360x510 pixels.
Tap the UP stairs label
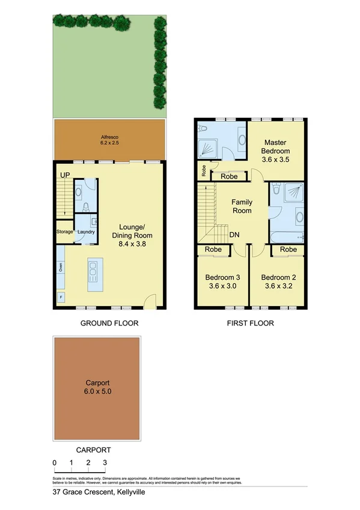coord(64,174)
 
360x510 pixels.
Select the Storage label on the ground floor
coord(65,232)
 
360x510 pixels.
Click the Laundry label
coord(86,232)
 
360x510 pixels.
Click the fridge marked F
coord(60,296)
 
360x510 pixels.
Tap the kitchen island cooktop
coord(93,272)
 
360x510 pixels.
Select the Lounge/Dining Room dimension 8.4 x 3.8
coord(133,245)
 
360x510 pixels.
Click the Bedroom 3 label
coord(222,277)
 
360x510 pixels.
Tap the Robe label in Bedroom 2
coord(288,250)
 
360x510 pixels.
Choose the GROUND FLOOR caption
coord(109,323)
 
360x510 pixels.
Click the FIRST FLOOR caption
coord(250,323)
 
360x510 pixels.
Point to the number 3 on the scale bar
coord(105,462)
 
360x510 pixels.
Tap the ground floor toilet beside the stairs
coord(85,207)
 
